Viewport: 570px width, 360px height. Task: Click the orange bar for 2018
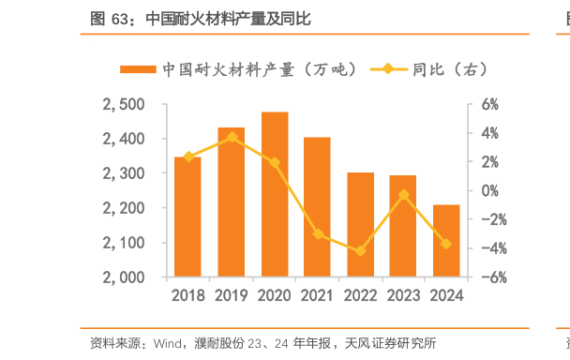tap(187, 217)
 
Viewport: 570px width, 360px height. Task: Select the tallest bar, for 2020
tap(275, 194)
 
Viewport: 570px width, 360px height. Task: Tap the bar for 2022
tap(361, 225)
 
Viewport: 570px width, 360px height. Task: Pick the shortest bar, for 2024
tap(446, 241)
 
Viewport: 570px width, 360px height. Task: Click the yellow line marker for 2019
tap(232, 137)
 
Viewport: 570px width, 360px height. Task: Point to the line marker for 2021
tap(318, 233)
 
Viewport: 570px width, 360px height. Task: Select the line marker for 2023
tap(404, 195)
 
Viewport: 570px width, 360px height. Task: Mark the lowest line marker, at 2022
tap(361, 251)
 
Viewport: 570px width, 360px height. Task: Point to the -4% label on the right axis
tap(493, 248)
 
